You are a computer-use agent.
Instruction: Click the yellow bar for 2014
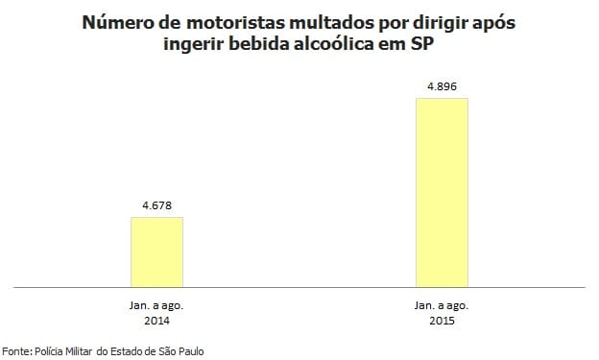[x=156, y=252]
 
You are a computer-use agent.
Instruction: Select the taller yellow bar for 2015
[x=441, y=192]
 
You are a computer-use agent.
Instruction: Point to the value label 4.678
[x=156, y=204]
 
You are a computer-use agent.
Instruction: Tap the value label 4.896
[x=441, y=85]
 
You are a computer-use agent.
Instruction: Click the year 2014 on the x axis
[x=156, y=320]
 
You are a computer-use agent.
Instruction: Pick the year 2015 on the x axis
[x=441, y=320]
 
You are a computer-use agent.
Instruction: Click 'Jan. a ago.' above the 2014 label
[x=156, y=304]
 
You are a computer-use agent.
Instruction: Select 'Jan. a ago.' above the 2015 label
[x=441, y=304]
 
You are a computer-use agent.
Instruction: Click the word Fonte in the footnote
[x=16, y=351]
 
